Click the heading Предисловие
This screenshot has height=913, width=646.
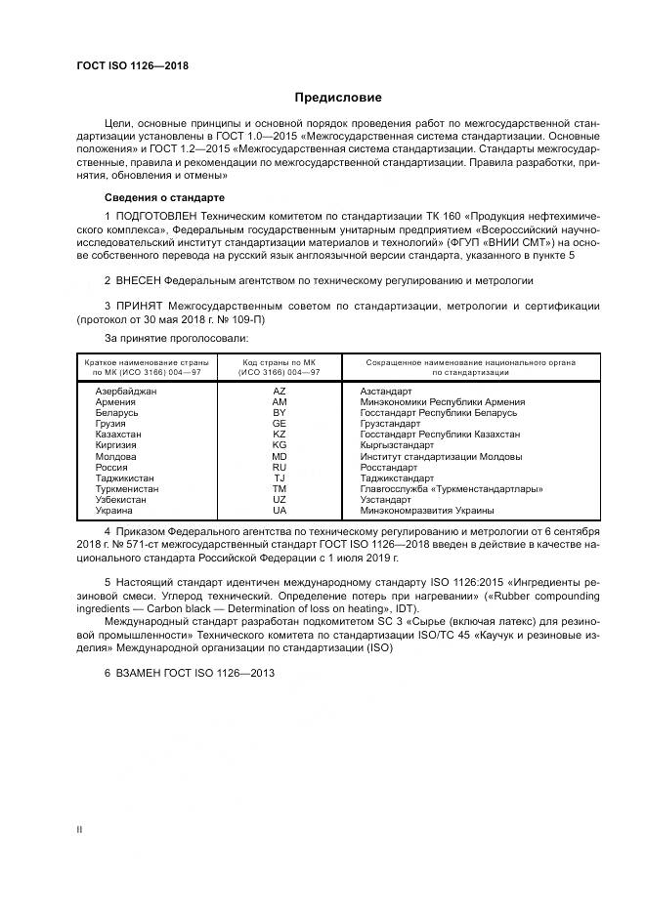pyautogui.click(x=338, y=98)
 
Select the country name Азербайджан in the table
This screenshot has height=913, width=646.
pyautogui.click(x=126, y=391)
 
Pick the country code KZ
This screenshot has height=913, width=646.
pyautogui.click(x=280, y=434)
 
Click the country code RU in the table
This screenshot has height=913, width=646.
pyautogui.click(x=280, y=467)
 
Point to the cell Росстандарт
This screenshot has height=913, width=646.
pyautogui.click(x=390, y=467)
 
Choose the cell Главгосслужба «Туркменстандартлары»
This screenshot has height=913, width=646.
pyautogui.click(x=451, y=488)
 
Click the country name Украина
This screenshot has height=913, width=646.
pyautogui.click(x=116, y=510)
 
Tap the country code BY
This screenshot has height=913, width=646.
pyautogui.click(x=280, y=412)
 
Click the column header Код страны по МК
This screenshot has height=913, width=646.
pyautogui.click(x=280, y=362)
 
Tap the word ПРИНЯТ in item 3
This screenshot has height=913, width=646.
pyautogui.click(x=141, y=306)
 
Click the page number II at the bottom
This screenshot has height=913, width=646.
pyautogui.click(x=80, y=829)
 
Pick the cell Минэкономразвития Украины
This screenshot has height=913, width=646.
pyautogui.click(x=426, y=510)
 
